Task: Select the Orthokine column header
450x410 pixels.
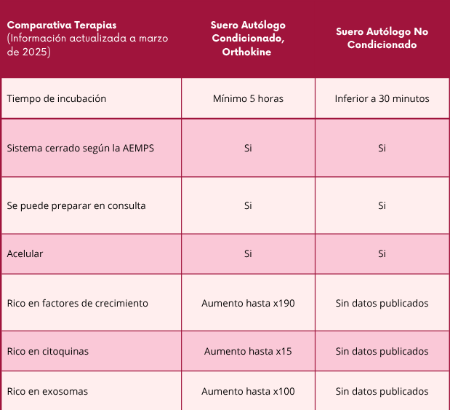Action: pos(248,38)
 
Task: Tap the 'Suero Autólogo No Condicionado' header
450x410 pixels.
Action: pos(382,38)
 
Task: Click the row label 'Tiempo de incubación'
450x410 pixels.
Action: pos(57,98)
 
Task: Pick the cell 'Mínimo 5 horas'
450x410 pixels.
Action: pos(248,98)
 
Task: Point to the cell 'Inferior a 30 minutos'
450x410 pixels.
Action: pos(382,98)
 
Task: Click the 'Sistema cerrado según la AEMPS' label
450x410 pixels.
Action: pos(80,148)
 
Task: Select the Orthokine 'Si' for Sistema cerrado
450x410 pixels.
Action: pos(248,148)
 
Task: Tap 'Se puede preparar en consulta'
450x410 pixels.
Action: pos(76,205)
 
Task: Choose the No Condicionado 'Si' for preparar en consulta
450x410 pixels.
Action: pos(382,205)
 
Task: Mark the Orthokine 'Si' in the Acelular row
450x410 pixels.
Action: pos(248,253)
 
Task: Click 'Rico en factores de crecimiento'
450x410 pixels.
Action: pos(77,303)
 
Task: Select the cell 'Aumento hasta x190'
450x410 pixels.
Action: pos(248,303)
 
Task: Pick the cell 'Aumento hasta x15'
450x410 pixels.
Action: pos(248,351)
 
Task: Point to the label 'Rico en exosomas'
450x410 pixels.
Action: pos(47,391)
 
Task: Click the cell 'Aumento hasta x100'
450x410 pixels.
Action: pos(248,391)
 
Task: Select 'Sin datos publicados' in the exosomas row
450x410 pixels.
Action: pos(382,391)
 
